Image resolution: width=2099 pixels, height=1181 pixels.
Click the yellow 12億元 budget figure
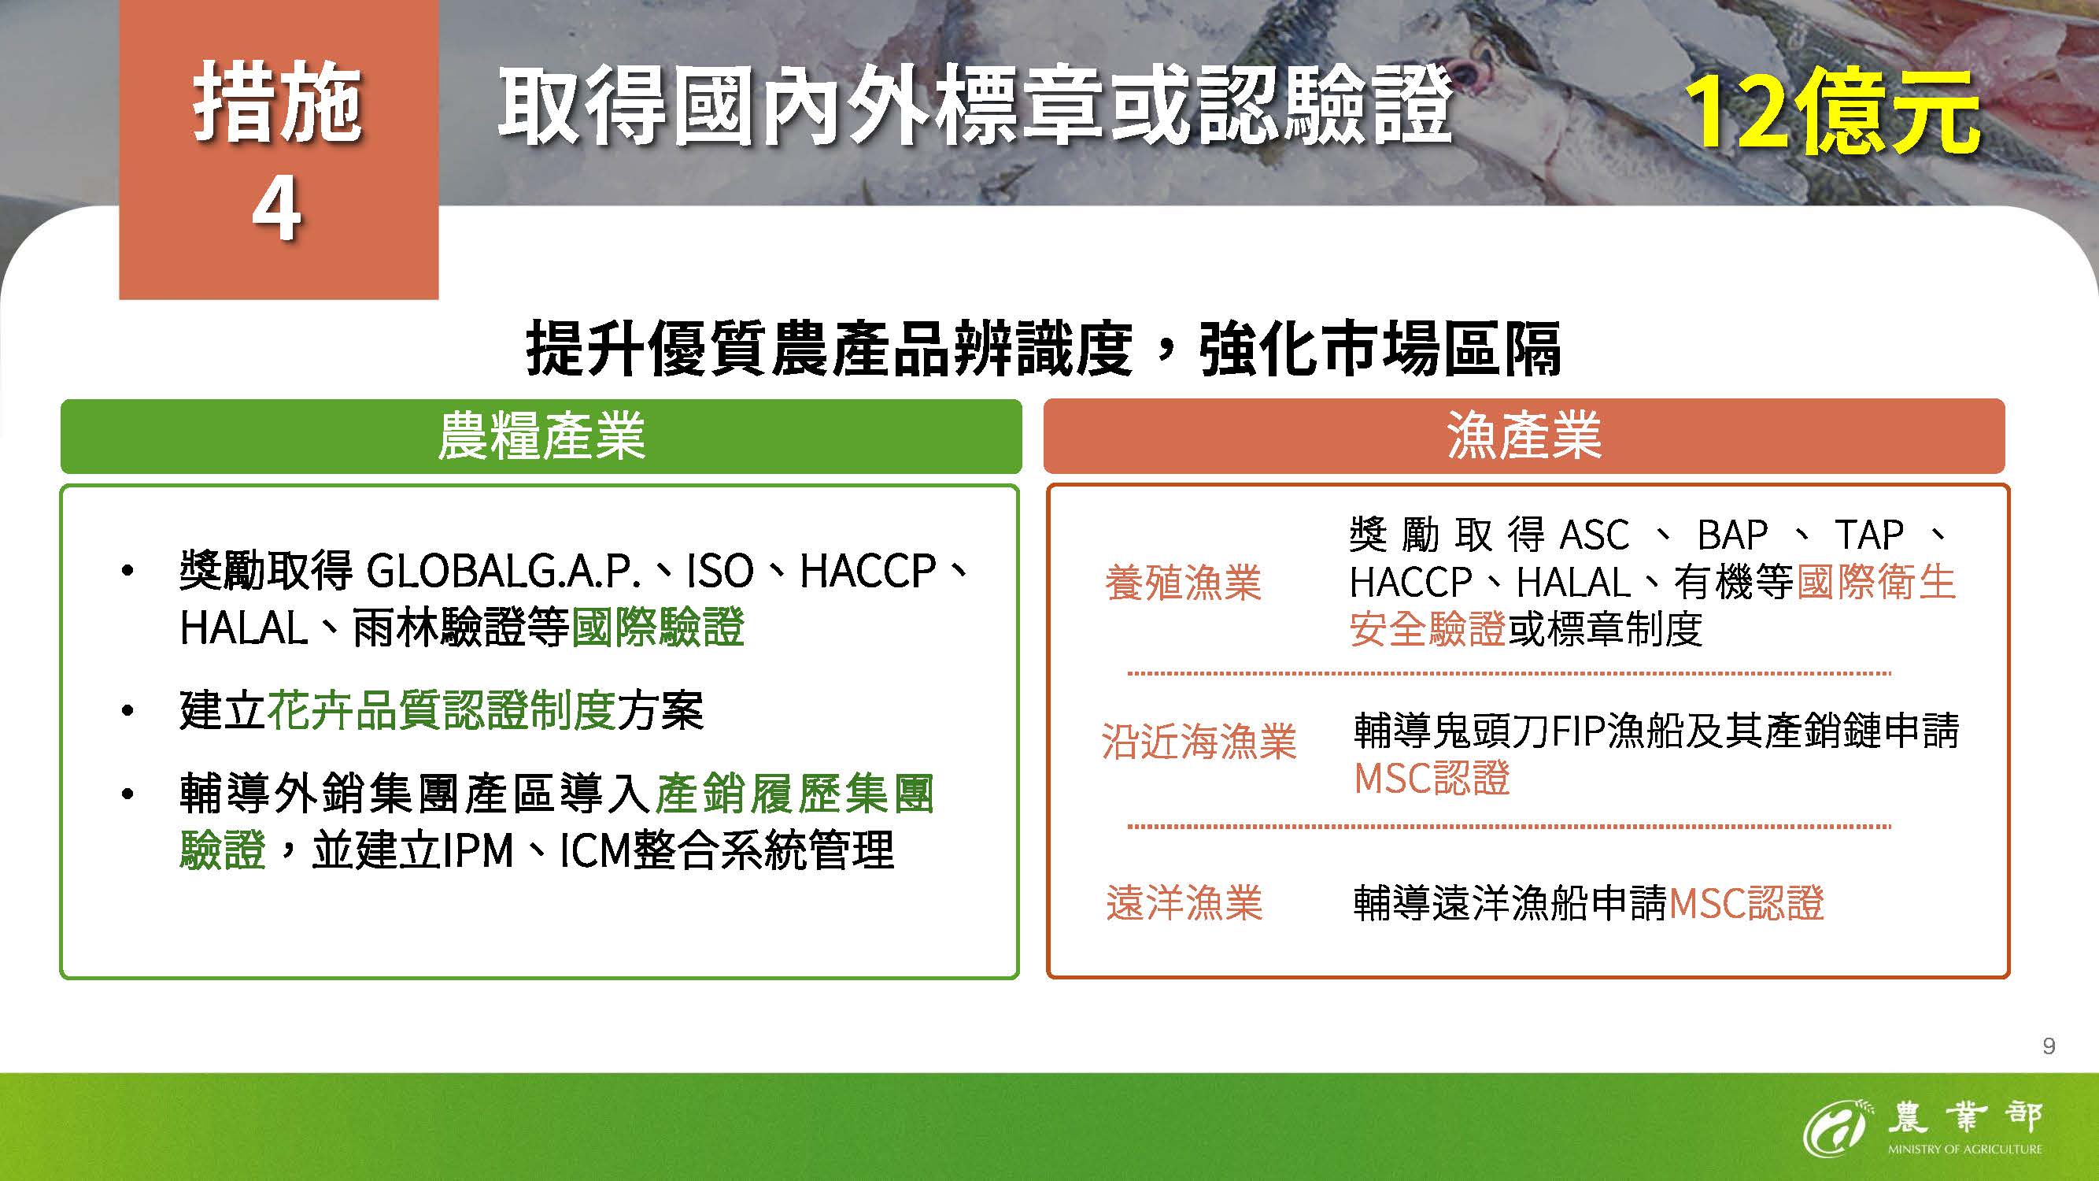click(1832, 114)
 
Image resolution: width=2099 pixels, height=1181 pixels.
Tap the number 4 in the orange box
click(277, 210)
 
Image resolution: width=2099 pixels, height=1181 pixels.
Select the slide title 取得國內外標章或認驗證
click(975, 106)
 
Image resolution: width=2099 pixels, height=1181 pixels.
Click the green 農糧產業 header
click(541, 436)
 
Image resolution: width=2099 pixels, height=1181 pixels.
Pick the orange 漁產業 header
click(1524, 436)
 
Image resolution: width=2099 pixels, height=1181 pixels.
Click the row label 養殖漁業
click(1183, 583)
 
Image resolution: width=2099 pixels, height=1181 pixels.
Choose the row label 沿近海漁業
click(1199, 742)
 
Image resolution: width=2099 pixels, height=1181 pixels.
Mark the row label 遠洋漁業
click(1184, 903)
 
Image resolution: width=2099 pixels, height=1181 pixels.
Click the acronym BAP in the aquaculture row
click(1733, 535)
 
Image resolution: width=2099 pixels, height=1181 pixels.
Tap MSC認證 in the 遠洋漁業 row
click(1746, 903)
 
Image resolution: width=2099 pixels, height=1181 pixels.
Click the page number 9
click(2049, 1046)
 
